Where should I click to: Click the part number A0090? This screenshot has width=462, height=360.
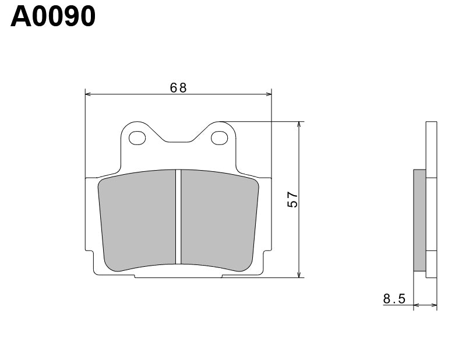53,17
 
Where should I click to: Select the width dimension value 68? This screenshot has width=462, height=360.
178,87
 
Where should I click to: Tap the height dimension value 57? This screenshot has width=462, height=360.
292,199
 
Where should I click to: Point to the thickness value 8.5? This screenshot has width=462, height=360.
394,299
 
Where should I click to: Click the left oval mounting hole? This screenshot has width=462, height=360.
137,138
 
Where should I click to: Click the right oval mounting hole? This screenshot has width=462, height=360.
220,138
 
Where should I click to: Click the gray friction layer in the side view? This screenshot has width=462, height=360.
419,220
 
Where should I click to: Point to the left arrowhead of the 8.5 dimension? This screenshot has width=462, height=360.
417,304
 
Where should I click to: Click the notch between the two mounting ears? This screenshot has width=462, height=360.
178,140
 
